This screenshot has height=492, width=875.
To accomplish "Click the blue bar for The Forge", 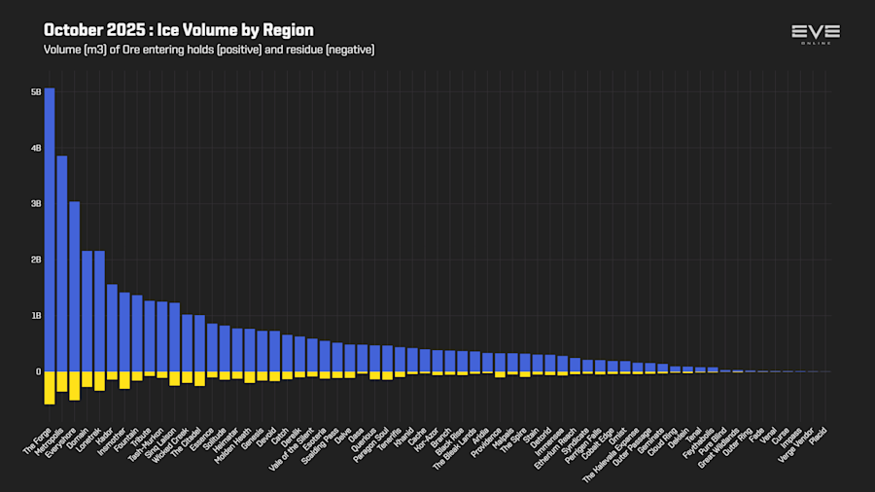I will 50,229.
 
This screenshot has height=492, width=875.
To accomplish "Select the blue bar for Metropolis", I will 62,264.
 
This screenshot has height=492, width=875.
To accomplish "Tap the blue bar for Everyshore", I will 75,286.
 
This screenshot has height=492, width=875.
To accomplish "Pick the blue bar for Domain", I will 87,311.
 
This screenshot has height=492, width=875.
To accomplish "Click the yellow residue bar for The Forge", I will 50,387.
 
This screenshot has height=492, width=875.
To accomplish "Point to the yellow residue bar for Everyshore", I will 75,385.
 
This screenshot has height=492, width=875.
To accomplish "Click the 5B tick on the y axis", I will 36,92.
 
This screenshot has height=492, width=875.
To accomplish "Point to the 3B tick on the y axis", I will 36,204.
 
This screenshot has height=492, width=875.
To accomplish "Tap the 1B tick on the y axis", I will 36,316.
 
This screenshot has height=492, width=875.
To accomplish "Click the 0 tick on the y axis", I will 39,371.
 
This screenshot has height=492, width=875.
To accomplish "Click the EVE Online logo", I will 816,34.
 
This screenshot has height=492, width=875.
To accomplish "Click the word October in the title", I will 72,30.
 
